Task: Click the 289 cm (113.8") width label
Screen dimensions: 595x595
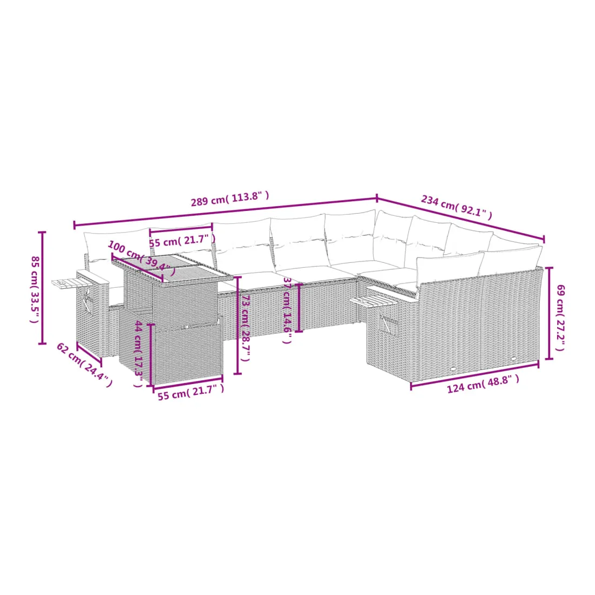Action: [x=229, y=199]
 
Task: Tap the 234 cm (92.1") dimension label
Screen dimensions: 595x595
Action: [x=457, y=207]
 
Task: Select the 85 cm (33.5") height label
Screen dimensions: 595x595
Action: [x=35, y=289]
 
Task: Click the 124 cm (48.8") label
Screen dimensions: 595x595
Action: [x=483, y=384]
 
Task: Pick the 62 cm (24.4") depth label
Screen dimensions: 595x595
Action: [x=84, y=365]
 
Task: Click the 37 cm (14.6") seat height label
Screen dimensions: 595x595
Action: [x=287, y=310]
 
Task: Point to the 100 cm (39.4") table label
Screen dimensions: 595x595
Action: [x=142, y=257]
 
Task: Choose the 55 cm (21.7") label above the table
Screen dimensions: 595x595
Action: [x=182, y=241]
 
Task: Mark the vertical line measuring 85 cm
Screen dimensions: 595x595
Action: [x=43, y=288]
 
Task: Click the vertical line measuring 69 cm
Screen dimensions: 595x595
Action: [x=548, y=313]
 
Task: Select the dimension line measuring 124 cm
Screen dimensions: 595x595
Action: [x=475, y=376]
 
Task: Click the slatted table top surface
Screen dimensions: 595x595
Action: [x=172, y=267]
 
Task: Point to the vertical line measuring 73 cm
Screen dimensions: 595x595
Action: [x=237, y=325]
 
